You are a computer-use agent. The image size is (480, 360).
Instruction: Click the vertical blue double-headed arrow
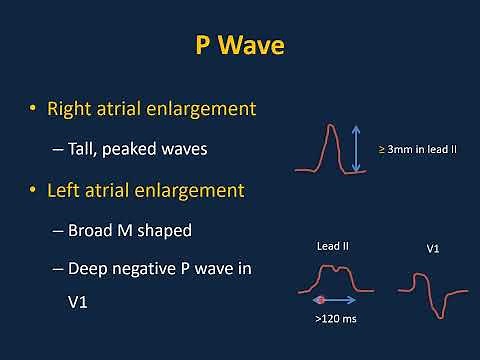pyautogui.click(x=358, y=147)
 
